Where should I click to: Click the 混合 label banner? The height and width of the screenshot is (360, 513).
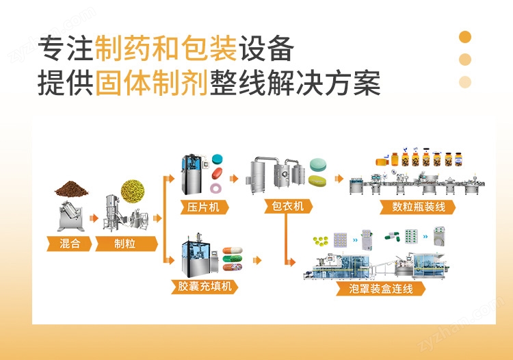pos(69,244)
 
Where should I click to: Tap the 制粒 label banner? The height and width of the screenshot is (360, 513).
pos(126,244)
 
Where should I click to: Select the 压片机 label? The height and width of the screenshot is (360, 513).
pos(204,207)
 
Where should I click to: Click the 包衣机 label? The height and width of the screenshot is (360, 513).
pos(288,206)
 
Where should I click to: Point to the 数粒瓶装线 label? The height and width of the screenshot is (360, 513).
pos(418,207)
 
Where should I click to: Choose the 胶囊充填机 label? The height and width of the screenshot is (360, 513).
pos(205,286)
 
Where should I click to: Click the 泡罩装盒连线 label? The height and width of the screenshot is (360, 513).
pos(380,289)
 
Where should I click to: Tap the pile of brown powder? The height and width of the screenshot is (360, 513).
pos(72,189)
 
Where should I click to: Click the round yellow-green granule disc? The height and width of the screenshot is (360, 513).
pos(133,190)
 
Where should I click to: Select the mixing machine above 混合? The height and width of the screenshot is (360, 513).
pos(70,216)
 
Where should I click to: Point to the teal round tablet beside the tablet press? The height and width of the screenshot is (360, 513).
pos(218,159)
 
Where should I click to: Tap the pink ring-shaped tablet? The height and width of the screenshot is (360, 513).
pos(216,188)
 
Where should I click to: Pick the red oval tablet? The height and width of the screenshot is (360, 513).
pos(218,173)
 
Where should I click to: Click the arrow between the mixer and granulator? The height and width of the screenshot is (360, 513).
pos(94,218)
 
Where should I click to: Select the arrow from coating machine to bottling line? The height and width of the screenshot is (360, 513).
pos(339,179)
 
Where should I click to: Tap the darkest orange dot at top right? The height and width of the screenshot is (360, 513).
pos(465,37)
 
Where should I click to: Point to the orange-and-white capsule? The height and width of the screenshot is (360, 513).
pos(233,250)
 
